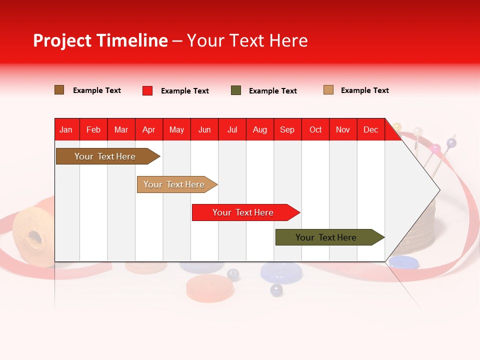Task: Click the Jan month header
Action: pos(66,129)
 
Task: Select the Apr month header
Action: pos(148,129)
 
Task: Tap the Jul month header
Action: pos(232,129)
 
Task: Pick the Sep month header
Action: pos(287,129)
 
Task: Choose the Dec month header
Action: pos(370,129)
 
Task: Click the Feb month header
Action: pos(93,129)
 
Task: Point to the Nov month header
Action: pos(342,129)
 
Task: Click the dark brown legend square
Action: pos(59,90)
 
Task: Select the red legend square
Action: pos(147,90)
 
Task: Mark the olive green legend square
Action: pos(236,90)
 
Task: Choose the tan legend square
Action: pos(328,90)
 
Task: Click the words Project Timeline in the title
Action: pos(100,40)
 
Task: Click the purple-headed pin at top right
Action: pos(451,143)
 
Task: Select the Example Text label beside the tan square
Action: pos(364,90)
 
